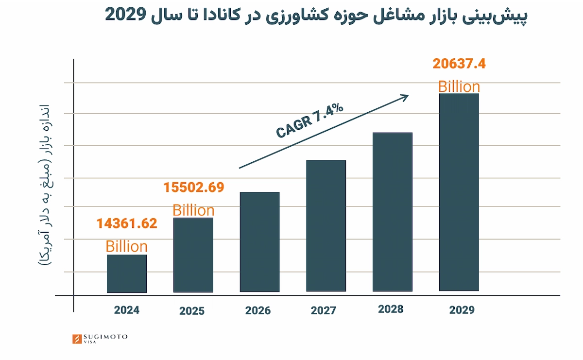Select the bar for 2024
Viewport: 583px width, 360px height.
click(x=126, y=274)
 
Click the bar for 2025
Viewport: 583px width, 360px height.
click(x=193, y=255)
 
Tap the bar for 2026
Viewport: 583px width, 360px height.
click(x=259, y=242)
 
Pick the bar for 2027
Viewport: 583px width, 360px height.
click(x=326, y=226)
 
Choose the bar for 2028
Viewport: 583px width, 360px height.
click(x=393, y=212)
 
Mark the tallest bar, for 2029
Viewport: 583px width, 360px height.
click(x=459, y=192)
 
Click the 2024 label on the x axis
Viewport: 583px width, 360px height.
click(x=127, y=310)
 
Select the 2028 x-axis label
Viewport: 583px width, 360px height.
click(x=391, y=309)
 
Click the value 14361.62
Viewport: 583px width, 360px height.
click(x=126, y=223)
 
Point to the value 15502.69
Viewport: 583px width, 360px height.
click(x=193, y=188)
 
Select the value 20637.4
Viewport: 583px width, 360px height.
click(x=459, y=64)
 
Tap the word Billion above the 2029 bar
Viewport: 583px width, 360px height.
click(x=459, y=87)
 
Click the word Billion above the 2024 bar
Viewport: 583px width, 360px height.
click(x=126, y=246)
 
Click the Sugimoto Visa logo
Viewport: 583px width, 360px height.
click(x=100, y=339)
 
